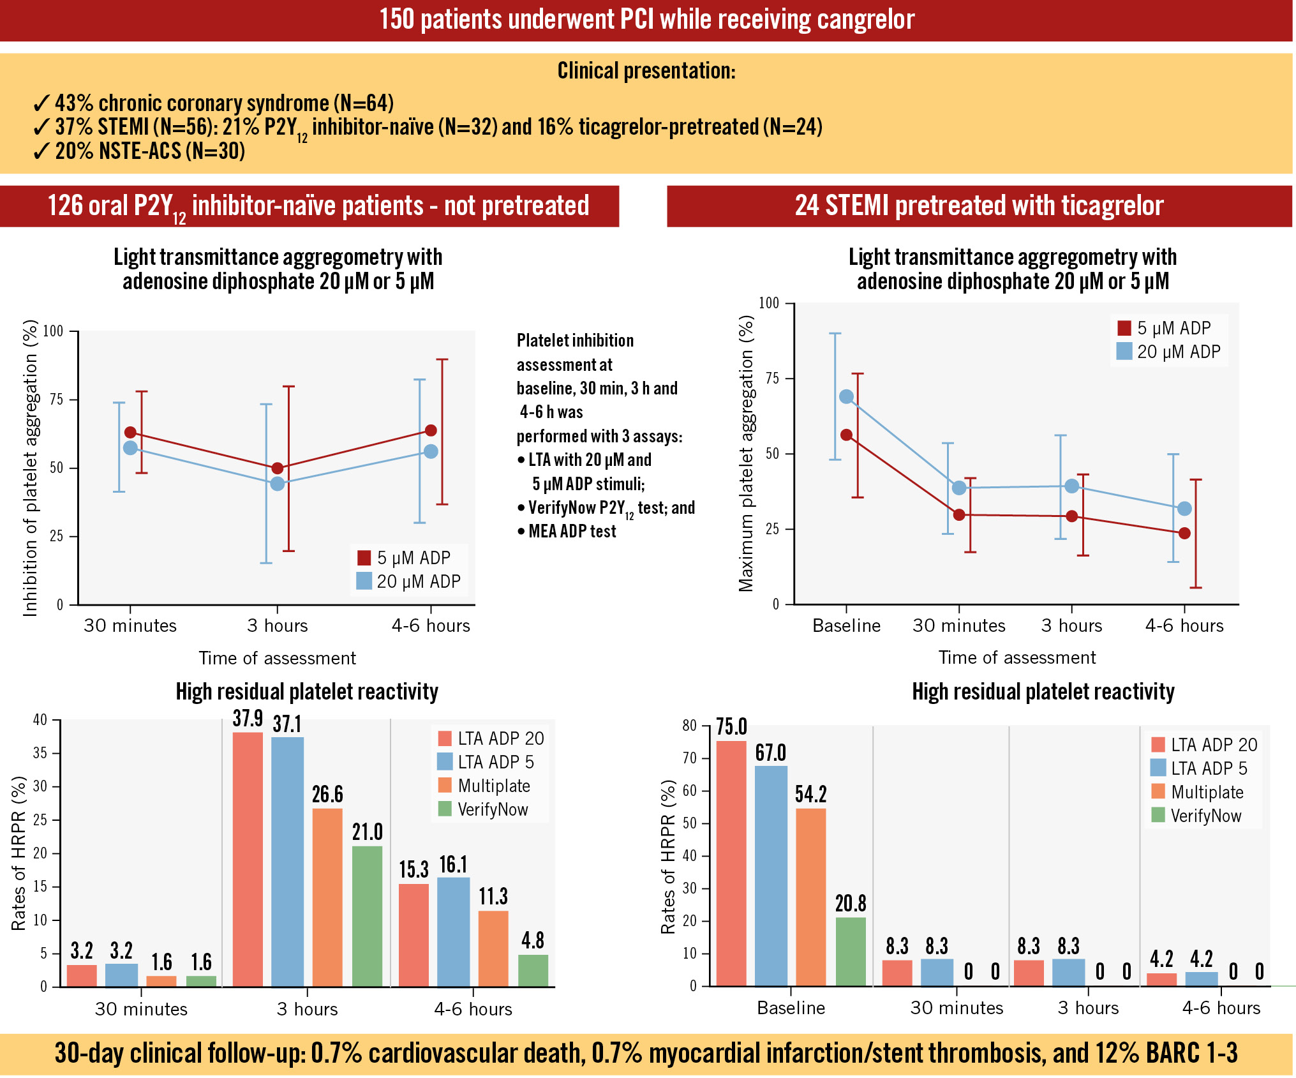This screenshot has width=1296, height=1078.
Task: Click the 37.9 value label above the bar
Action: pyautogui.click(x=248, y=719)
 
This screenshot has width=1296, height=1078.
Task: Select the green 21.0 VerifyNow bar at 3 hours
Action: pyautogui.click(x=367, y=916)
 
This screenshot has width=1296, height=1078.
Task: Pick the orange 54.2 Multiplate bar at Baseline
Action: pyautogui.click(x=810, y=897)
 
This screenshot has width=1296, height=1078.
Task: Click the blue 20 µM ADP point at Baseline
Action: pyautogui.click(x=846, y=397)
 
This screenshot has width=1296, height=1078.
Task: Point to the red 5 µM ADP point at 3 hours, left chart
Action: pyautogui.click(x=278, y=468)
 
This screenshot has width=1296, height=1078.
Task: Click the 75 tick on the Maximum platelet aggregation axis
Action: pyautogui.click(x=772, y=378)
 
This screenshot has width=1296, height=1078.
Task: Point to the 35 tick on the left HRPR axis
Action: pyautogui.click(x=40, y=753)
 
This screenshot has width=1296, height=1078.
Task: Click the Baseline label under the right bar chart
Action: pyautogui.click(x=791, y=1008)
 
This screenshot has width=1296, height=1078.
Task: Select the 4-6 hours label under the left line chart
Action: pyautogui.click(x=431, y=625)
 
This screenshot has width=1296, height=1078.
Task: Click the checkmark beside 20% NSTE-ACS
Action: pyautogui.click(x=41, y=151)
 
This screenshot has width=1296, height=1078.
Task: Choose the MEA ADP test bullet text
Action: pyautogui.click(x=572, y=531)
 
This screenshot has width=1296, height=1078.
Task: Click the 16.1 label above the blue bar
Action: pyautogui.click(x=453, y=865)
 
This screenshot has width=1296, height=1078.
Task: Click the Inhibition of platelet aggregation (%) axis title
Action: pyautogui.click(x=30, y=468)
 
